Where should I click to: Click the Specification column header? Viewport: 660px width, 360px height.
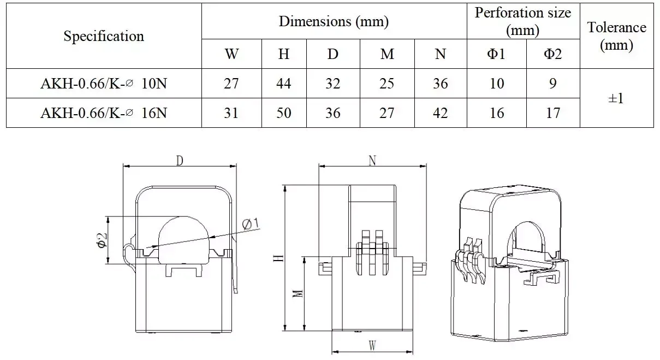[104, 36]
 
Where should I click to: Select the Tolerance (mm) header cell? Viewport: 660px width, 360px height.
[616, 36]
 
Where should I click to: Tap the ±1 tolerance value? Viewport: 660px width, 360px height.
[616, 98]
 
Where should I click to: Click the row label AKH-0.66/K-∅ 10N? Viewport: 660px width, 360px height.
[104, 84]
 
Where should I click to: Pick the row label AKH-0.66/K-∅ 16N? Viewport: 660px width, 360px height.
[104, 113]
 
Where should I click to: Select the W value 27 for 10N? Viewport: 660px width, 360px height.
[231, 84]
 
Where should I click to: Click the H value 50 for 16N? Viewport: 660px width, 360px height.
[284, 113]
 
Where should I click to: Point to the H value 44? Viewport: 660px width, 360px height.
[284, 84]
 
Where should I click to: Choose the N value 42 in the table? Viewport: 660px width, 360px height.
[440, 113]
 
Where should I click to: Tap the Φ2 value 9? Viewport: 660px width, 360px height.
[553, 84]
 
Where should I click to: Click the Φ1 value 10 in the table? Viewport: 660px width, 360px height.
[496, 84]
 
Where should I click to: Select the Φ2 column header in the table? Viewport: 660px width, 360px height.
[553, 54]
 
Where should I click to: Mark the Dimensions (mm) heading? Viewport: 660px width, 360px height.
[334, 21]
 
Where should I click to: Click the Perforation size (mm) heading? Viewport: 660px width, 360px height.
[522, 21]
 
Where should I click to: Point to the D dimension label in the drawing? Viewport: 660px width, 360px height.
[179, 161]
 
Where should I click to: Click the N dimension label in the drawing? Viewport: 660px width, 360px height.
[372, 160]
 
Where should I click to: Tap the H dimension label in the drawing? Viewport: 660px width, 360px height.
[279, 258]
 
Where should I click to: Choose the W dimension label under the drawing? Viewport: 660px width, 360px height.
[372, 346]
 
